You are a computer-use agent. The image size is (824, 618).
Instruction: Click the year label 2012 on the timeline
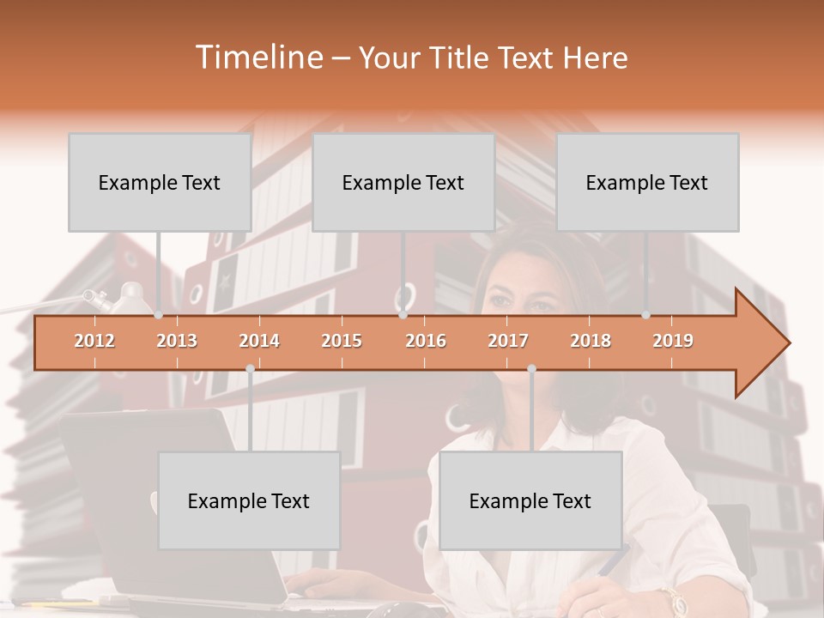click(94, 341)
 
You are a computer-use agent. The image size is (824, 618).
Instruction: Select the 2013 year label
click(177, 341)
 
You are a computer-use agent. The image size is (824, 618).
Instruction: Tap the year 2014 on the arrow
click(259, 341)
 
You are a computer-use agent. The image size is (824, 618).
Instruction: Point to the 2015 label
click(342, 341)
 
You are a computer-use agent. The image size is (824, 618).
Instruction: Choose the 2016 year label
click(426, 341)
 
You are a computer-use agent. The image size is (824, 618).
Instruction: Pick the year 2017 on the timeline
click(508, 341)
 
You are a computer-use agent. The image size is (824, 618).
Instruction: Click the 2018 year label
click(591, 341)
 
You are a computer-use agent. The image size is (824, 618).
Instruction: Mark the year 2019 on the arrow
click(673, 341)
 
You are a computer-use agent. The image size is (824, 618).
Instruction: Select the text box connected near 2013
click(160, 182)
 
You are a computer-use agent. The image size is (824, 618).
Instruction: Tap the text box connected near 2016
click(403, 182)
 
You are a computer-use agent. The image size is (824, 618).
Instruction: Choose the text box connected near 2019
click(647, 182)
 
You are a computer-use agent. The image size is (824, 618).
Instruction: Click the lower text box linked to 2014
click(249, 500)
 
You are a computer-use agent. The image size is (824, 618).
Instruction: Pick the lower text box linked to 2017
click(530, 500)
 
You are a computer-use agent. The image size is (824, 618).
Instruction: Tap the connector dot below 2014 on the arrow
click(250, 369)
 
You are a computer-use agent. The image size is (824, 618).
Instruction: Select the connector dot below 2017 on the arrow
click(531, 369)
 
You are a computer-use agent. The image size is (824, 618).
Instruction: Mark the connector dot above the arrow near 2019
click(646, 315)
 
